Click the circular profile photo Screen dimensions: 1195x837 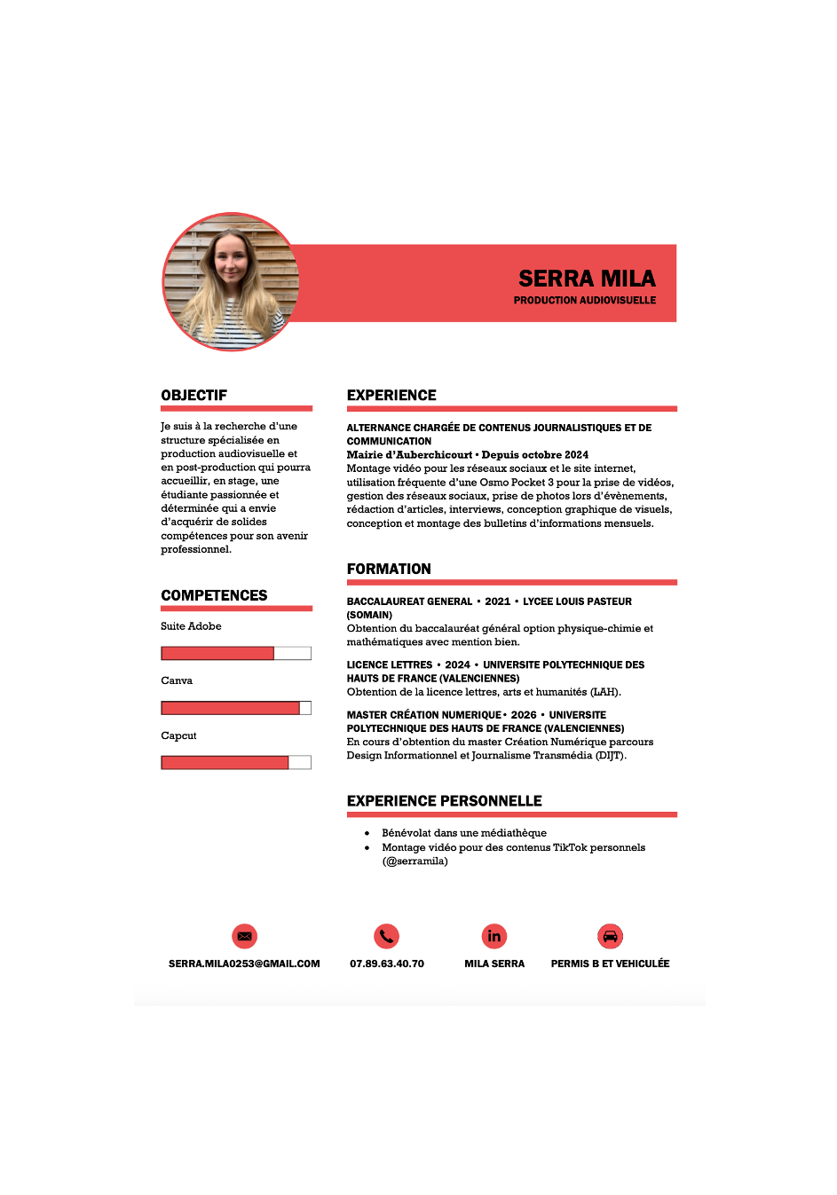click(231, 282)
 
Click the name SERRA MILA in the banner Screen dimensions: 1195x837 click(587, 279)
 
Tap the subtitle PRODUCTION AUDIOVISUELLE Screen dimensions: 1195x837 click(585, 301)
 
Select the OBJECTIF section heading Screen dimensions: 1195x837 click(194, 396)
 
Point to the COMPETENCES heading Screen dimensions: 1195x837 click(214, 595)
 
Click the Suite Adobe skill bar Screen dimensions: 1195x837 click(236, 654)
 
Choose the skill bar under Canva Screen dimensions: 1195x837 click(236, 708)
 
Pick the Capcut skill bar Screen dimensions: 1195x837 click(236, 763)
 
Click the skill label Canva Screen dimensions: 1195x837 click(177, 681)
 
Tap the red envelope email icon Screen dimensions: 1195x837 click(244, 936)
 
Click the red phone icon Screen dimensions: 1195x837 click(386, 936)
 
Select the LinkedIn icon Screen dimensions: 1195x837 click(494, 936)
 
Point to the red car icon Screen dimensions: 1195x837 click(610, 936)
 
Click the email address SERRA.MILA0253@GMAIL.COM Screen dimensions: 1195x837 click(244, 963)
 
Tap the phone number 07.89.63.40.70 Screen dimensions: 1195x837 click(387, 963)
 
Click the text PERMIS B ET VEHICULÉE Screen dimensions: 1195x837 click(610, 963)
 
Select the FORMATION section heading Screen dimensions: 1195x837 click(389, 570)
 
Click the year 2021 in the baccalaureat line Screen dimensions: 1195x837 click(497, 601)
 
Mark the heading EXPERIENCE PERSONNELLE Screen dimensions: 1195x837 click(444, 801)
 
